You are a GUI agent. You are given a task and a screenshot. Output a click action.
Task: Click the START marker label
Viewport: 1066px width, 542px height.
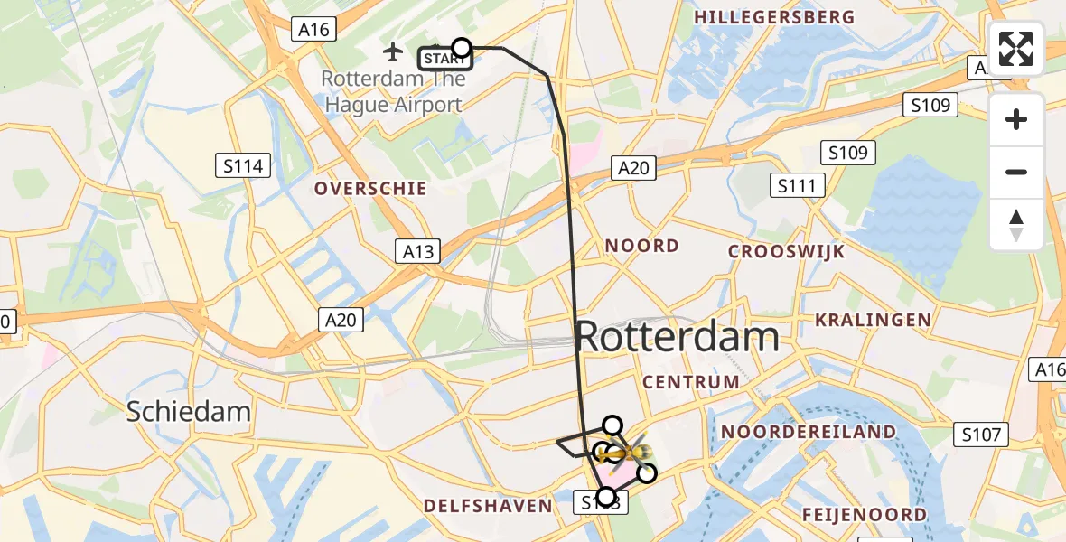(444, 60)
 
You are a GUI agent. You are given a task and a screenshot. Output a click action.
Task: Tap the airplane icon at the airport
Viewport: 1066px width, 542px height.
(393, 50)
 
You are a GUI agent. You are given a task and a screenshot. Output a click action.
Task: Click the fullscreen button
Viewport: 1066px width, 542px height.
(1016, 50)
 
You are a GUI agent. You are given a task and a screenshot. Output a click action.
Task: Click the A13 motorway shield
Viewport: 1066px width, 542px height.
(418, 252)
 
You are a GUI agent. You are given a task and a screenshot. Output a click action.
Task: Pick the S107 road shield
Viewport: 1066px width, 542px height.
(981, 435)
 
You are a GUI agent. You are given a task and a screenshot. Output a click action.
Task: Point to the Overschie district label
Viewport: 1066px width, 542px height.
(370, 189)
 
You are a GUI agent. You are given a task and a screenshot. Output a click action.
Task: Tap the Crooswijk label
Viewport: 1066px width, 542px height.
(787, 251)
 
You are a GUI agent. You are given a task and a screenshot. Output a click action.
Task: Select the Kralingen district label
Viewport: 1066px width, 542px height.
(873, 320)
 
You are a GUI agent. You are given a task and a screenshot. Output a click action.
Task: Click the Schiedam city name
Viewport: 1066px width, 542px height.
(188, 411)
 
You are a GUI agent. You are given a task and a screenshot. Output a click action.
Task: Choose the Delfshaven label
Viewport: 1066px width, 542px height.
(488, 505)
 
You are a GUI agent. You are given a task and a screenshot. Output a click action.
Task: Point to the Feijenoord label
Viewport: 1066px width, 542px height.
(865, 515)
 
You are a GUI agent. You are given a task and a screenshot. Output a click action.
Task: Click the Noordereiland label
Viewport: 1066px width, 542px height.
(808, 433)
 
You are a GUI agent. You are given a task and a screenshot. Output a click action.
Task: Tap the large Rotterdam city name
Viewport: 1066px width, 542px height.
(677, 337)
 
